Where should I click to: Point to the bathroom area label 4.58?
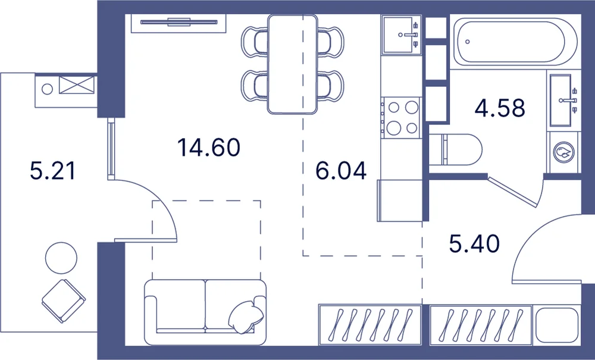click(x=500, y=108)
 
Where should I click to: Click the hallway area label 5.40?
click(x=474, y=243)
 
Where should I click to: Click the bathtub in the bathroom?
click(x=515, y=42)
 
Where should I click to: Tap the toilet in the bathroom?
click(x=455, y=149)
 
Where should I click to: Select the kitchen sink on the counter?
click(x=402, y=35)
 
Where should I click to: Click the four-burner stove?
click(x=402, y=118)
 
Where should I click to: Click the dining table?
click(x=292, y=64)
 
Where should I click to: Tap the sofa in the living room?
click(x=205, y=312)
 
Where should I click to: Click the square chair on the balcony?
click(x=64, y=301)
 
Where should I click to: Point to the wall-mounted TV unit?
click(x=178, y=23)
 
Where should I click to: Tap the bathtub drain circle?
click(x=468, y=42)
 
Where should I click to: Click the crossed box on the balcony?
click(x=76, y=85)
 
